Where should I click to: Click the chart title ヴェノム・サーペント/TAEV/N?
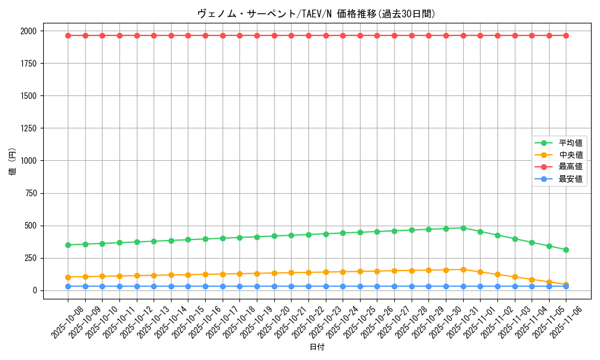pos(316,14)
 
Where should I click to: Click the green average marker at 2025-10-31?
pos(463,228)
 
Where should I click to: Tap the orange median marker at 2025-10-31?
pos(463,269)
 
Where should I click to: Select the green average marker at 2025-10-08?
pos(68,245)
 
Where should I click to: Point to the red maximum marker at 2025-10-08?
pos(68,35)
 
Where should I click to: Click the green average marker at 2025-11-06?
pos(566,250)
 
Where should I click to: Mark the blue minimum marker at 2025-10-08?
pos(68,286)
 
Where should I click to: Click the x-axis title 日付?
pos(317,347)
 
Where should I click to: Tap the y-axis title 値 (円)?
pos(13,162)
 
